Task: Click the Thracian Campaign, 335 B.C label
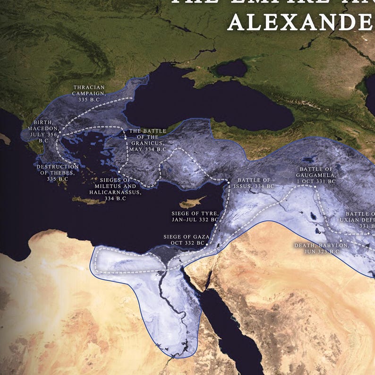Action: click(90, 91)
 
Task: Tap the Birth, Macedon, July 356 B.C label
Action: click(43, 131)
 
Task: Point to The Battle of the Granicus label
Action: click(148, 140)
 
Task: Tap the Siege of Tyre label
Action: click(195, 217)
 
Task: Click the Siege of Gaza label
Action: click(184, 239)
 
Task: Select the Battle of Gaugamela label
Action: click(317, 175)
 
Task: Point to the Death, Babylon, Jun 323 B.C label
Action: click(321, 249)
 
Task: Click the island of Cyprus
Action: click(192, 203)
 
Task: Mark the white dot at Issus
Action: click(228, 182)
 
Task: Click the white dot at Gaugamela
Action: click(314, 186)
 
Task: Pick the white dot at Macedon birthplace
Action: click(60, 134)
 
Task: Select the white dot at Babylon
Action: click(341, 241)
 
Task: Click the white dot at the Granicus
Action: click(125, 138)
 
